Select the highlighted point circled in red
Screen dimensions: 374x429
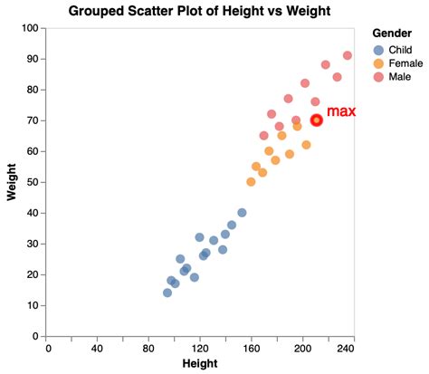click(x=317, y=120)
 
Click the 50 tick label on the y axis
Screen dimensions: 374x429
click(x=31, y=182)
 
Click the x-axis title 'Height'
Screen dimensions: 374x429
click(x=200, y=364)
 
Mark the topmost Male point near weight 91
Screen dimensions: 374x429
click(x=348, y=55)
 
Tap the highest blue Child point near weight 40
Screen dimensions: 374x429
click(x=242, y=213)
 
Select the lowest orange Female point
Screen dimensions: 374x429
click(x=251, y=182)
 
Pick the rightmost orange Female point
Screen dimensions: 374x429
click(x=306, y=145)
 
